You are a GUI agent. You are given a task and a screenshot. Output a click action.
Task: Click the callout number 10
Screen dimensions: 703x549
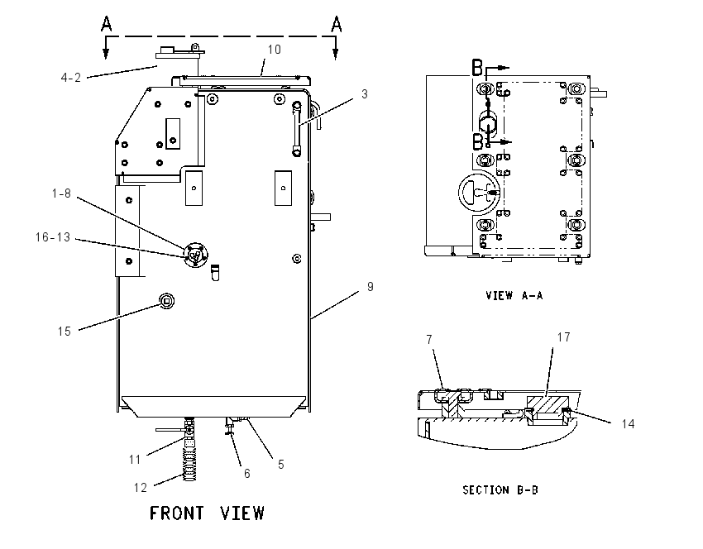tap(274, 50)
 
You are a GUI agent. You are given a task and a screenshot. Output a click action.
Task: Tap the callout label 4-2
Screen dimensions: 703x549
tap(71, 78)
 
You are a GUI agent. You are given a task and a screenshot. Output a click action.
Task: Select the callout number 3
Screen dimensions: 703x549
tap(365, 94)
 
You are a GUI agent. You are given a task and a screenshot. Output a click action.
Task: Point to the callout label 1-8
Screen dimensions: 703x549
tap(61, 193)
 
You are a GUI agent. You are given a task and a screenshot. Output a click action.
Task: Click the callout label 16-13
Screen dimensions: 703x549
tap(53, 237)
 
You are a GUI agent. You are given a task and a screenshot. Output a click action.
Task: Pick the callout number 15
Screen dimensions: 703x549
tap(65, 332)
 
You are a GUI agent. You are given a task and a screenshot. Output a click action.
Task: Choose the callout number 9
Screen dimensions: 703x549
tap(370, 287)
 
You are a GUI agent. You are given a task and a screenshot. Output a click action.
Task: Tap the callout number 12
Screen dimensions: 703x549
tap(141, 488)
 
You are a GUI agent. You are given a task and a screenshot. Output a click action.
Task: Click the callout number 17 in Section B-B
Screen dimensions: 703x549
tap(563, 337)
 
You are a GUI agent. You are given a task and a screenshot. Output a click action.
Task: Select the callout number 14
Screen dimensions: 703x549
tap(628, 424)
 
